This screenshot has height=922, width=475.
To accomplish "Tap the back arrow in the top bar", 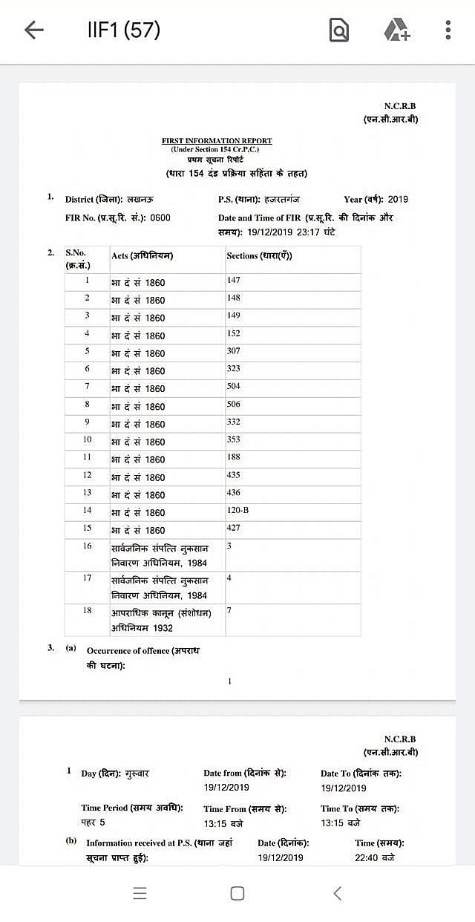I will (x=34, y=30).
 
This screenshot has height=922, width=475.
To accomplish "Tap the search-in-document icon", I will (x=338, y=30).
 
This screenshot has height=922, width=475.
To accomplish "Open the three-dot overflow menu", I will (x=448, y=30).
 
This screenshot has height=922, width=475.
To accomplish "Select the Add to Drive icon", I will (x=397, y=30).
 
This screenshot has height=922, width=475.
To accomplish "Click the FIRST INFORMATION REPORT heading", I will (x=217, y=140).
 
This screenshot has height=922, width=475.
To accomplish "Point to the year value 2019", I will (x=398, y=199).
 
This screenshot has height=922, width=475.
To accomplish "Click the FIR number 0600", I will (x=160, y=218).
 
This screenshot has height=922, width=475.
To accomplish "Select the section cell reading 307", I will (x=234, y=350).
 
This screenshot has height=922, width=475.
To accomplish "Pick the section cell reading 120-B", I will (x=238, y=511).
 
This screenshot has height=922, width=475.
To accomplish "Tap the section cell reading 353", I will (x=234, y=439).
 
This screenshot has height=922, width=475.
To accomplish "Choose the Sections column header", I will (x=259, y=255).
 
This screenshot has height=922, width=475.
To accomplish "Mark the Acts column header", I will (x=142, y=255).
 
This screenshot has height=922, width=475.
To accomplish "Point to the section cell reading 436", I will (x=234, y=493).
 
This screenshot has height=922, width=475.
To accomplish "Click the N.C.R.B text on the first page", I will (x=400, y=106).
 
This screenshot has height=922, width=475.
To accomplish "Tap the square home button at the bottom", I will (x=237, y=893).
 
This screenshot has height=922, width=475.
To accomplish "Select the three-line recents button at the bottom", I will (x=140, y=893).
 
